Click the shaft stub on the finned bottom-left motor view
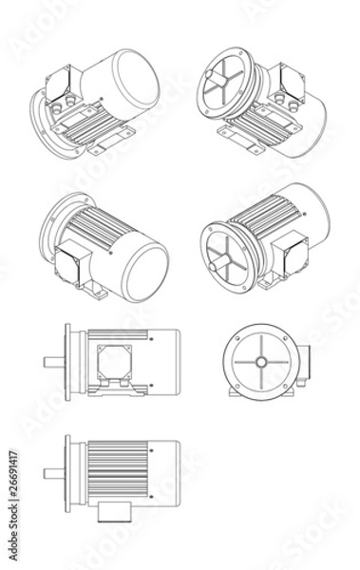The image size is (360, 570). [53, 472]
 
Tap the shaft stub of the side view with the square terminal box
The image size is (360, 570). [53, 360]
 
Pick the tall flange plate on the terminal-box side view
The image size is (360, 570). [66, 360]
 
